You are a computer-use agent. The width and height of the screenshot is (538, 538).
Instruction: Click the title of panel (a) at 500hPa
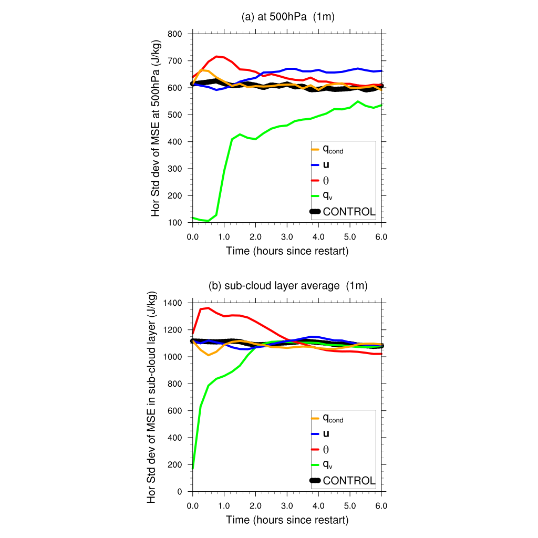[x=288, y=17]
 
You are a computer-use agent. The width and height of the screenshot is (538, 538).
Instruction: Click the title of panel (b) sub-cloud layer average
[x=288, y=286]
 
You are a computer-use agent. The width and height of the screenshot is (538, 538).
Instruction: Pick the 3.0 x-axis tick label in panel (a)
[x=287, y=237]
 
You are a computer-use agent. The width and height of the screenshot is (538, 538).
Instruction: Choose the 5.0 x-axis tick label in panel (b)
[x=350, y=506]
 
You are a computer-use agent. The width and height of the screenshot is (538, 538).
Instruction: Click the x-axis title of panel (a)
[x=287, y=251]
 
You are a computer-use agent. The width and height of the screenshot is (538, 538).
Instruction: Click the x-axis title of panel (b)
[x=287, y=520]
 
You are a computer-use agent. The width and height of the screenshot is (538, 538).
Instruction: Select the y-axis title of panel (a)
[x=156, y=128]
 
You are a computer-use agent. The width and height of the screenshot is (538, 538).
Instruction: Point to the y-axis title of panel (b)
[x=152, y=397]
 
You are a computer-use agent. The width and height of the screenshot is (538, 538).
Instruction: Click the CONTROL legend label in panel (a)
[x=349, y=212]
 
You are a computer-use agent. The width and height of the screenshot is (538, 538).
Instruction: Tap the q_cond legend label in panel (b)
[x=333, y=419]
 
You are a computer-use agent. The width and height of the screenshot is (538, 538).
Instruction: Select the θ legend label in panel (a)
[x=326, y=180]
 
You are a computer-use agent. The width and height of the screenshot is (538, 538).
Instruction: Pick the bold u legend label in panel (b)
[x=326, y=433]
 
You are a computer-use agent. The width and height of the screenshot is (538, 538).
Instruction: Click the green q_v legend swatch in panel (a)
[x=315, y=196]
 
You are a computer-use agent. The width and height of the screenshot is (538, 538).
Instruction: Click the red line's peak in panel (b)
[x=208, y=308]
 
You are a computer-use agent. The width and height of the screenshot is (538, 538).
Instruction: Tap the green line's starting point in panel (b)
[x=193, y=468]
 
